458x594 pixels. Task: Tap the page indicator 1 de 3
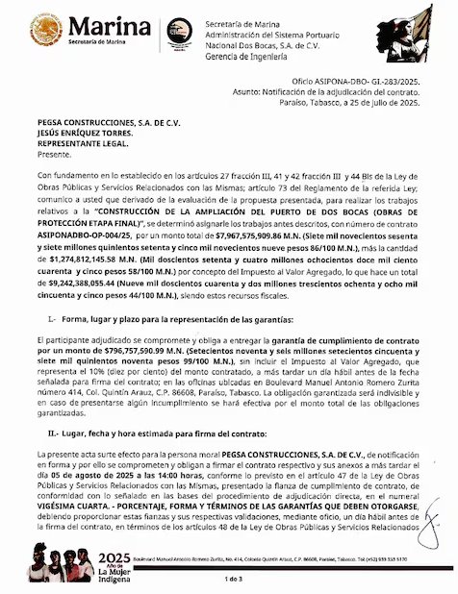[232, 580]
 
